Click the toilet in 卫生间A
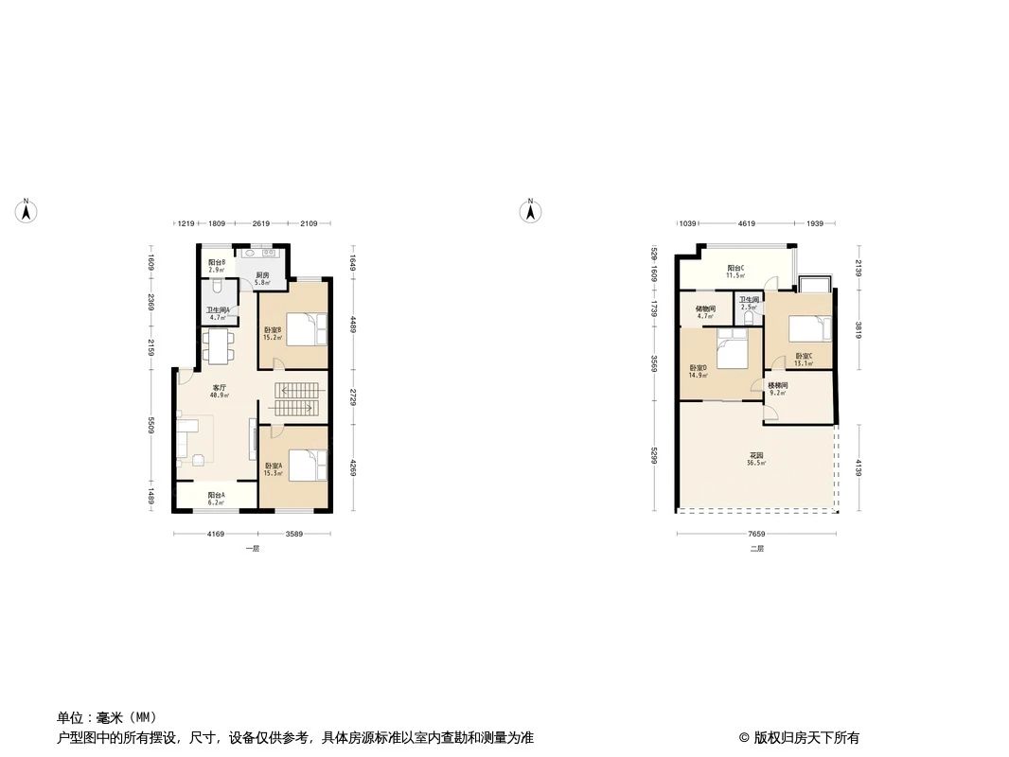pos(218,286)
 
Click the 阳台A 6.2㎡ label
pos(216,498)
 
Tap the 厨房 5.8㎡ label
pos(262,279)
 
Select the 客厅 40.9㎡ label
pos(220,391)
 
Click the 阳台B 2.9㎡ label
pos(216,265)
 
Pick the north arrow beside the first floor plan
pos(27,211)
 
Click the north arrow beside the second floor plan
pos(532,211)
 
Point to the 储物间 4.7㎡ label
pos(704,312)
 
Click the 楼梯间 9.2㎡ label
pos(777,389)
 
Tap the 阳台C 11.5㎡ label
pos(735,272)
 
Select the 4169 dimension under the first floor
pos(216,535)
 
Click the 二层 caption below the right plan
pos(756,549)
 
